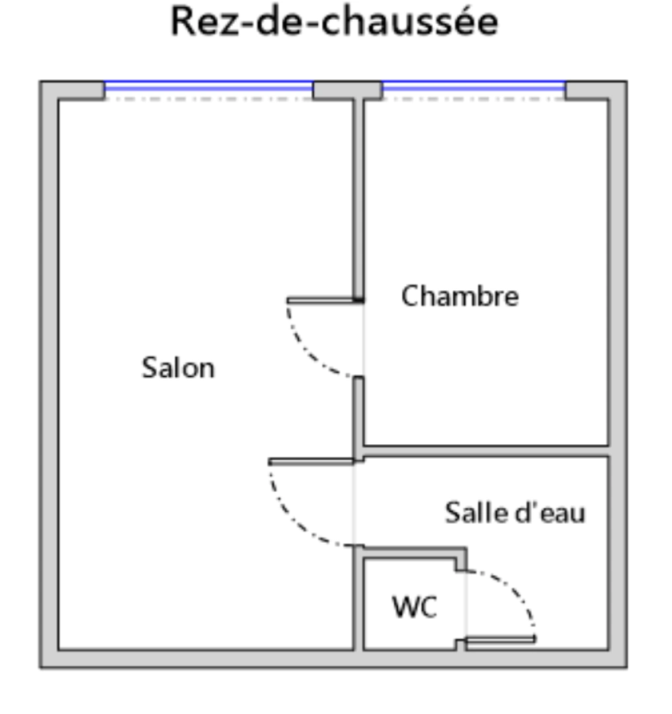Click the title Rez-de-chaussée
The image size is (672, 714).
[334, 21]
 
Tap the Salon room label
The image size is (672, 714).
[178, 368]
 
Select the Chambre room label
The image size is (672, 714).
[460, 296]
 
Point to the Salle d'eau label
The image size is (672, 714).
[515, 513]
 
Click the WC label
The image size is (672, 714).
[414, 606]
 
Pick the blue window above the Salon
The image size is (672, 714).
[209, 86]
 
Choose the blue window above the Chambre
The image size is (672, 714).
[474, 86]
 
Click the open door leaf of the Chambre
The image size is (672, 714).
[325, 300]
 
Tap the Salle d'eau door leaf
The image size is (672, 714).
[311, 462]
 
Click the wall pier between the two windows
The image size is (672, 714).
[348, 90]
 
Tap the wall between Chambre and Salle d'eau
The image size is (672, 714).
[486, 452]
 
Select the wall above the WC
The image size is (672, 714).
[414, 552]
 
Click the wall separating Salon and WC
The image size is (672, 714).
[359, 598]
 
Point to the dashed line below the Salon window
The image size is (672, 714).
[209, 99]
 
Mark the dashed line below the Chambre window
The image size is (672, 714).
[474, 99]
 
